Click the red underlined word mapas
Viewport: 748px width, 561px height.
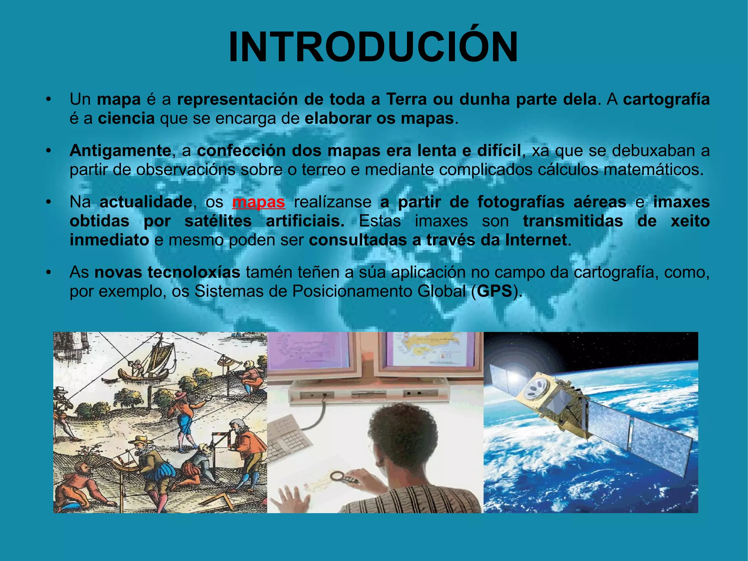(259, 202)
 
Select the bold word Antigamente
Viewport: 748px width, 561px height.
(120, 151)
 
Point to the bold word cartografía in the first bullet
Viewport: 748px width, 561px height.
(666, 99)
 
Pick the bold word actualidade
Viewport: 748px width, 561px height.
(146, 202)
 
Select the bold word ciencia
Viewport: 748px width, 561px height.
(126, 118)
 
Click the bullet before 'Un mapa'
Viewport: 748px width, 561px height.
(48, 99)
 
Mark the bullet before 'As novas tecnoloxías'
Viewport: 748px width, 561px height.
(48, 272)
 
